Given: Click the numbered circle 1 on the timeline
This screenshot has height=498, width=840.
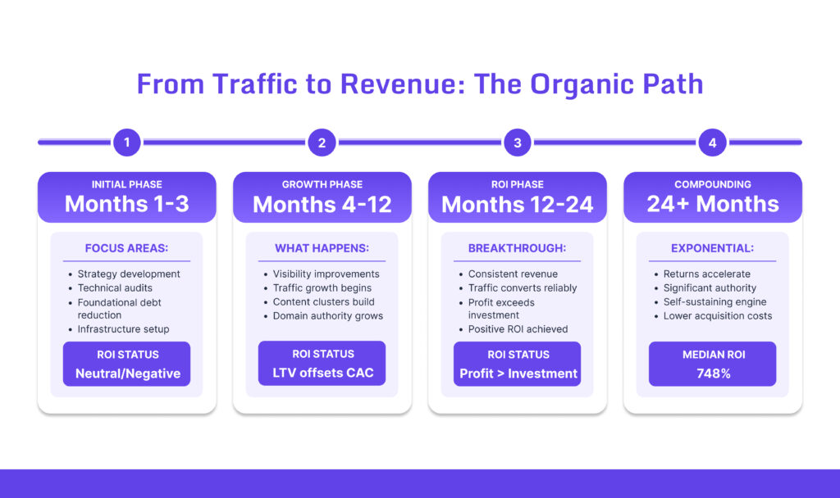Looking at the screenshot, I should [126, 143].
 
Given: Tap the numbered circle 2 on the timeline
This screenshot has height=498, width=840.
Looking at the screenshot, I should [322, 143].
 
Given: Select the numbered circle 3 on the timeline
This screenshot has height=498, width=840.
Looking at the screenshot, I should [517, 143].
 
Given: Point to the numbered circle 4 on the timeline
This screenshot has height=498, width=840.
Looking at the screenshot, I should [712, 143].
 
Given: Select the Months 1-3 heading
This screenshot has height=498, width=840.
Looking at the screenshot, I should [126, 204].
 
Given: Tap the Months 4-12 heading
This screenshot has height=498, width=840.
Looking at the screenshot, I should [322, 204].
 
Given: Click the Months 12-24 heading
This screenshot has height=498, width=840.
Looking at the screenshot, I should [517, 204].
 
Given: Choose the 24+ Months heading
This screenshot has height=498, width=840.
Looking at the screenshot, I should [712, 204].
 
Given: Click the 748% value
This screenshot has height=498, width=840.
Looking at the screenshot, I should [712, 373].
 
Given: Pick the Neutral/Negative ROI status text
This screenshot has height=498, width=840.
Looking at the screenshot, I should [126, 373].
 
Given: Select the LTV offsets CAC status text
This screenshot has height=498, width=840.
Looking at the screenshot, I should [322, 373].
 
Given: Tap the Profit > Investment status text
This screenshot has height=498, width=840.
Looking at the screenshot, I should [517, 373].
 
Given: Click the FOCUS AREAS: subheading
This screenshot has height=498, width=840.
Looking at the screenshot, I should [126, 248].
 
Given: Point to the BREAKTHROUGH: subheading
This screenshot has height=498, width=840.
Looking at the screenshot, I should [517, 248].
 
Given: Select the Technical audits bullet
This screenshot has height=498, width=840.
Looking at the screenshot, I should [115, 287].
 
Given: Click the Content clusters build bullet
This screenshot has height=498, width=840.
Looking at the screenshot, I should [323, 301].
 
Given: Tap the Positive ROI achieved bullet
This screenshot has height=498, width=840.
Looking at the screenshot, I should [518, 329].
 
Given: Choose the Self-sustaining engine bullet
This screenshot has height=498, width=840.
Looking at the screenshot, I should [714, 301].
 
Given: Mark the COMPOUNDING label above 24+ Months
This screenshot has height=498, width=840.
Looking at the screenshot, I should [712, 184].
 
